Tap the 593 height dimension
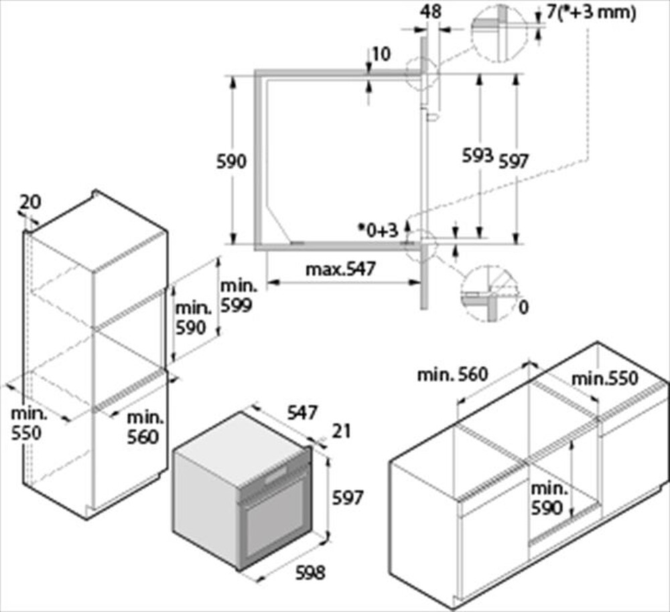coord(478,156)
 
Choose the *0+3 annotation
coord(377,230)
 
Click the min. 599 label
coord(238,295)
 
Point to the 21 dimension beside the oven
coord(342,432)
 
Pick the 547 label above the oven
coord(302,413)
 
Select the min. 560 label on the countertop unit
coord(452,375)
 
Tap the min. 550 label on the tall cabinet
coord(25,423)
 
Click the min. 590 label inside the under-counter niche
coord(547,498)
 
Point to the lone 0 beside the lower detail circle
coord(523,307)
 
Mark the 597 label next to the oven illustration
coord(348,498)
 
